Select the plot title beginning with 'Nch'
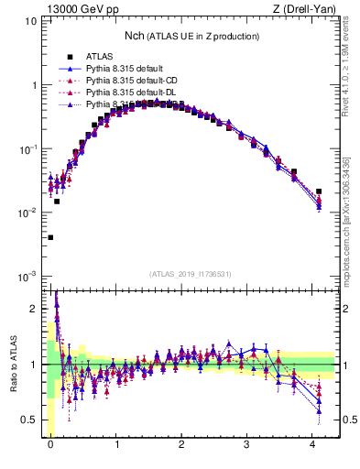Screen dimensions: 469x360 191,36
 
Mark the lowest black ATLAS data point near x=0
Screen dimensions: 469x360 50,237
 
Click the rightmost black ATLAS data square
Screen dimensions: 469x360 318,191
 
